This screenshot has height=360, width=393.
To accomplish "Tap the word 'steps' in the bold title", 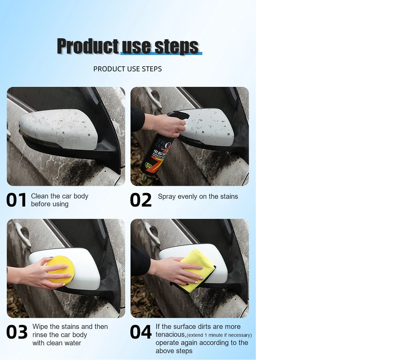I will (176, 46).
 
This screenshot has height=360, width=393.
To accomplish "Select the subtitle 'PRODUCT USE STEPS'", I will (128, 69).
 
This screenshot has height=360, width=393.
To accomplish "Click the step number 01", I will (16, 200).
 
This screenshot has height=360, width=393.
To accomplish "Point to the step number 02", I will (141, 200).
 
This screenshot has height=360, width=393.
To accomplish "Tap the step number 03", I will (17, 332).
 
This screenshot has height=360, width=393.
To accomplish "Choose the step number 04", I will (141, 332).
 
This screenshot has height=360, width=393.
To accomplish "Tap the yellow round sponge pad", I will (60, 270).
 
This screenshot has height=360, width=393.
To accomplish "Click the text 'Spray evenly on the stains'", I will (198, 196).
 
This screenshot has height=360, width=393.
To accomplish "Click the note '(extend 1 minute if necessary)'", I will (219, 335).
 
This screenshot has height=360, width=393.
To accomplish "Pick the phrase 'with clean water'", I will (57, 343).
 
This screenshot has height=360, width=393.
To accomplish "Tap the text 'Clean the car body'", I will (60, 196).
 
